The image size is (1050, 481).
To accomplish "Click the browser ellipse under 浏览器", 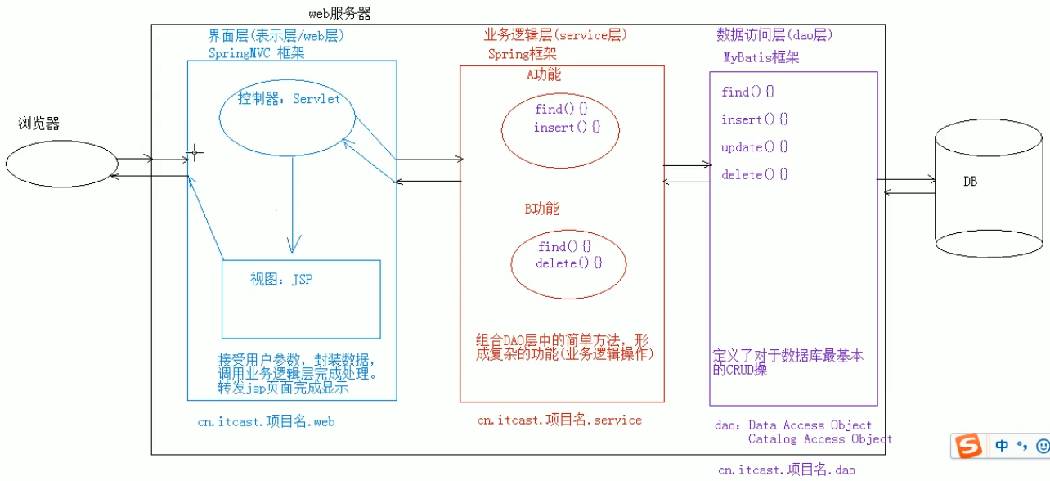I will click(x=61, y=164).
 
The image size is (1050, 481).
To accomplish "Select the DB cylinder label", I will click(x=970, y=182).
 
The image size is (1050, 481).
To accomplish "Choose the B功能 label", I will click(x=541, y=209).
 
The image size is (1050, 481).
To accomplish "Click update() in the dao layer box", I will click(x=754, y=147).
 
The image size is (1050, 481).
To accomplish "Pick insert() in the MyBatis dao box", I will click(x=754, y=119).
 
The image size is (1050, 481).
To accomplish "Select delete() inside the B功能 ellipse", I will click(x=568, y=263).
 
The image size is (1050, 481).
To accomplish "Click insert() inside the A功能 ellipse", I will click(x=567, y=128).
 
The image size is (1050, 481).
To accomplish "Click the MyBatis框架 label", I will click(x=761, y=57).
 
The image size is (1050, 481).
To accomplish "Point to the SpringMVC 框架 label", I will click(x=256, y=52).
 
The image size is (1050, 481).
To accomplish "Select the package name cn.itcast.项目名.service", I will click(x=559, y=420).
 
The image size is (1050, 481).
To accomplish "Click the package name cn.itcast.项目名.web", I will click(x=266, y=422).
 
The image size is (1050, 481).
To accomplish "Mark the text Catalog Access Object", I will click(x=819, y=439).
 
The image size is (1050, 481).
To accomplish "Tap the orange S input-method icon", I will click(x=969, y=446).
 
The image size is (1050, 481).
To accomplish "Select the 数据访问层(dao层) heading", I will click(x=774, y=35).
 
